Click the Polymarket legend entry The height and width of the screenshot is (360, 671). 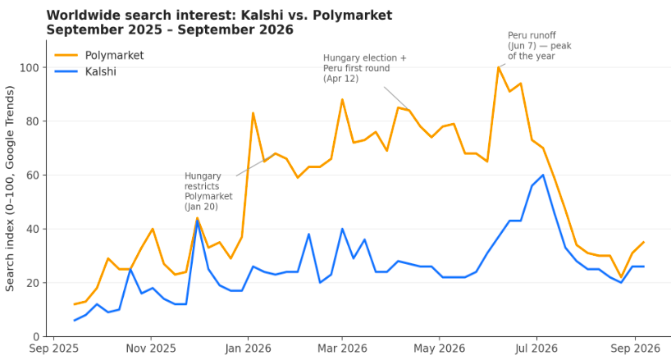click(99, 55)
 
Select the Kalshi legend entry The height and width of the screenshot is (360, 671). click(85, 71)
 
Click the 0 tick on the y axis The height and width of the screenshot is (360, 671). click(36, 337)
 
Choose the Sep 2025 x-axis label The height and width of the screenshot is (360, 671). click(54, 349)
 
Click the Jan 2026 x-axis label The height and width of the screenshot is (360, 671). click(248, 349)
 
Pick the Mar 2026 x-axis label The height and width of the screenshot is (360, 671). click(342, 349)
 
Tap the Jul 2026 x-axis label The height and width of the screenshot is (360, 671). click(536, 349)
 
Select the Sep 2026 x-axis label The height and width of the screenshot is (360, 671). click(635, 349)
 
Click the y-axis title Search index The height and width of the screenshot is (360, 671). click(10, 189)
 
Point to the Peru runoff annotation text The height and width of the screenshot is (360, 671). click(539, 46)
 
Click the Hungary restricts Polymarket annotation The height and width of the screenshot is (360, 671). click(208, 191)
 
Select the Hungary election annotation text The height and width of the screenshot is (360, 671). click(364, 68)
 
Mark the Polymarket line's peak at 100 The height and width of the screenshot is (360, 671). click(499, 67)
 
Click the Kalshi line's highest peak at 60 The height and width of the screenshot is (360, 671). click(543, 175)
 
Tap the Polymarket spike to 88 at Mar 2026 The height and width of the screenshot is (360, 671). click(342, 99)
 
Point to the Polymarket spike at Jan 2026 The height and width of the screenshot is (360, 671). click(253, 113)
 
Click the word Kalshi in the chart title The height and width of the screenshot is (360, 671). click(256, 16)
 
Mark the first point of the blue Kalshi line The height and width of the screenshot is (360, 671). click(75, 321)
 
